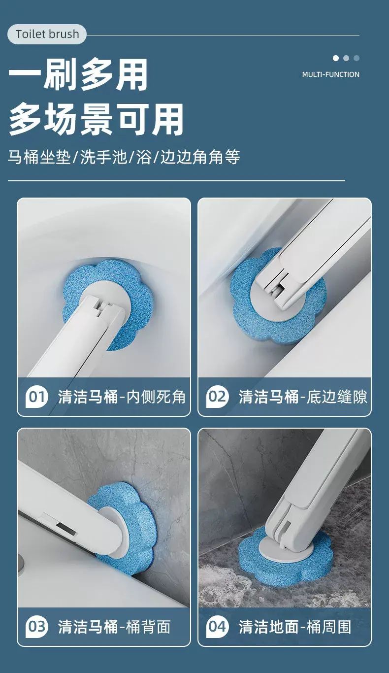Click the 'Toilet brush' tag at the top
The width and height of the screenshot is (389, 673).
pos(47,34)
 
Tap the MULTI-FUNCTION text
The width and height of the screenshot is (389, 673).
pos(331,74)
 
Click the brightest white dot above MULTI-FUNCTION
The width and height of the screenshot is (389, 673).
pos(336,58)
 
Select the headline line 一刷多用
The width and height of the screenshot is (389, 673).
pos(78,74)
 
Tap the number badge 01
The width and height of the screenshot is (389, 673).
pos(36,397)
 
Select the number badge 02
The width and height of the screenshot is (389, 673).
pos(217,397)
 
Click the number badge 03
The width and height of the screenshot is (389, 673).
pos(36,627)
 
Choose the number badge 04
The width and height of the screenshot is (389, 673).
pos(217,627)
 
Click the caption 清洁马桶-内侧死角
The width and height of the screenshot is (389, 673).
pos(122,397)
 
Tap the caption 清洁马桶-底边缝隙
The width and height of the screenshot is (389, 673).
pos(303,397)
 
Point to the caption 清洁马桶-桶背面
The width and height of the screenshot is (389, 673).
pos(114,627)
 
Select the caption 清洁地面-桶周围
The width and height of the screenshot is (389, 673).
pos(295,627)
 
